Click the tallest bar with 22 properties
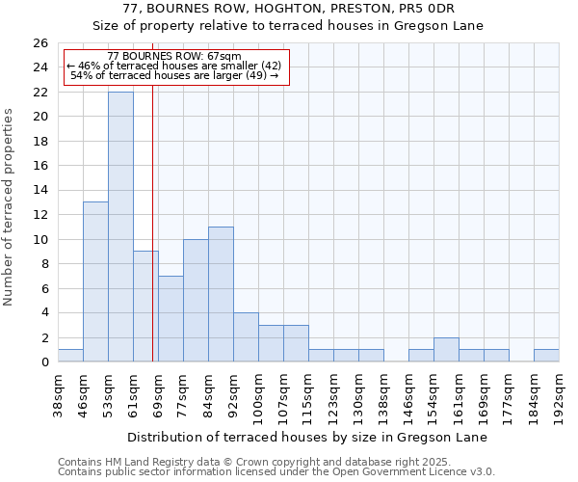coord(120,227)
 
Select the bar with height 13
coord(95,281)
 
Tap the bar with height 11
coord(221,294)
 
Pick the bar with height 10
coord(196,300)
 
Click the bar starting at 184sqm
coord(546,356)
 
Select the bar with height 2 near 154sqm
coord(446,350)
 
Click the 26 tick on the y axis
coord(39,43)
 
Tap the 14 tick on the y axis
coord(39,191)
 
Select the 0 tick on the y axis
coord(43,362)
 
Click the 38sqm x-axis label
coord(59,393)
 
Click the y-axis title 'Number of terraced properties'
coord(10,206)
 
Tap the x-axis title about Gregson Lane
coord(307,437)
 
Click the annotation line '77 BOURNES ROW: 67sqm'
coord(174,57)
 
